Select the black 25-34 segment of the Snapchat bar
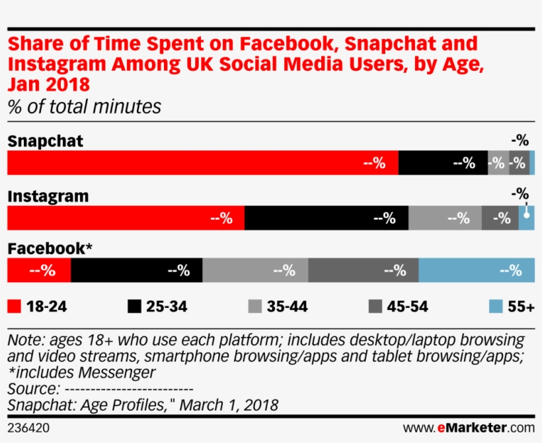(443, 163)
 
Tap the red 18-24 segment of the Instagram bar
(126, 218)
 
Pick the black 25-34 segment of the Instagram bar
(327, 218)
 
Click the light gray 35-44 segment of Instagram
(445, 218)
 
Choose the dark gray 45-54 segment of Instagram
(500, 218)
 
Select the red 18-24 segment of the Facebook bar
(38, 270)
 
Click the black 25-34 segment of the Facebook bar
(136, 270)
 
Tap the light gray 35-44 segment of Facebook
(255, 270)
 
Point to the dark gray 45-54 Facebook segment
(363, 270)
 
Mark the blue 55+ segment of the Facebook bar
(477, 270)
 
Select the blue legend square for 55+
(496, 306)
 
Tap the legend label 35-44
(287, 306)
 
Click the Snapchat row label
(45, 141)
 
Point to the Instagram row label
(48, 196)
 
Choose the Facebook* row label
(50, 248)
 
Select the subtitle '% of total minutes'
(84, 107)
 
